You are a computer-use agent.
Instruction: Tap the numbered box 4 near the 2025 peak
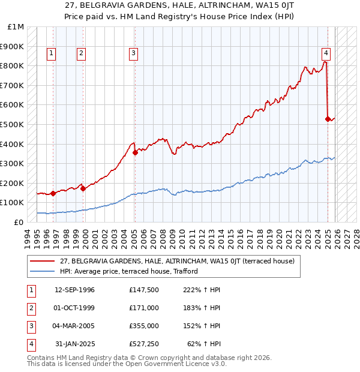coord(326,52)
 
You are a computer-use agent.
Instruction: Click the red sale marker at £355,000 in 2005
coord(135,152)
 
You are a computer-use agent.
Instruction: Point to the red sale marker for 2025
coord(328,119)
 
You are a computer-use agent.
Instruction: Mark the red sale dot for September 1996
coord(53,193)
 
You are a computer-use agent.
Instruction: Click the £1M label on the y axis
coord(16,27)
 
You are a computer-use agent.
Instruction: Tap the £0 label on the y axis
coord(18,222)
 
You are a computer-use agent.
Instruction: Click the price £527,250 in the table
coord(144,344)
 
